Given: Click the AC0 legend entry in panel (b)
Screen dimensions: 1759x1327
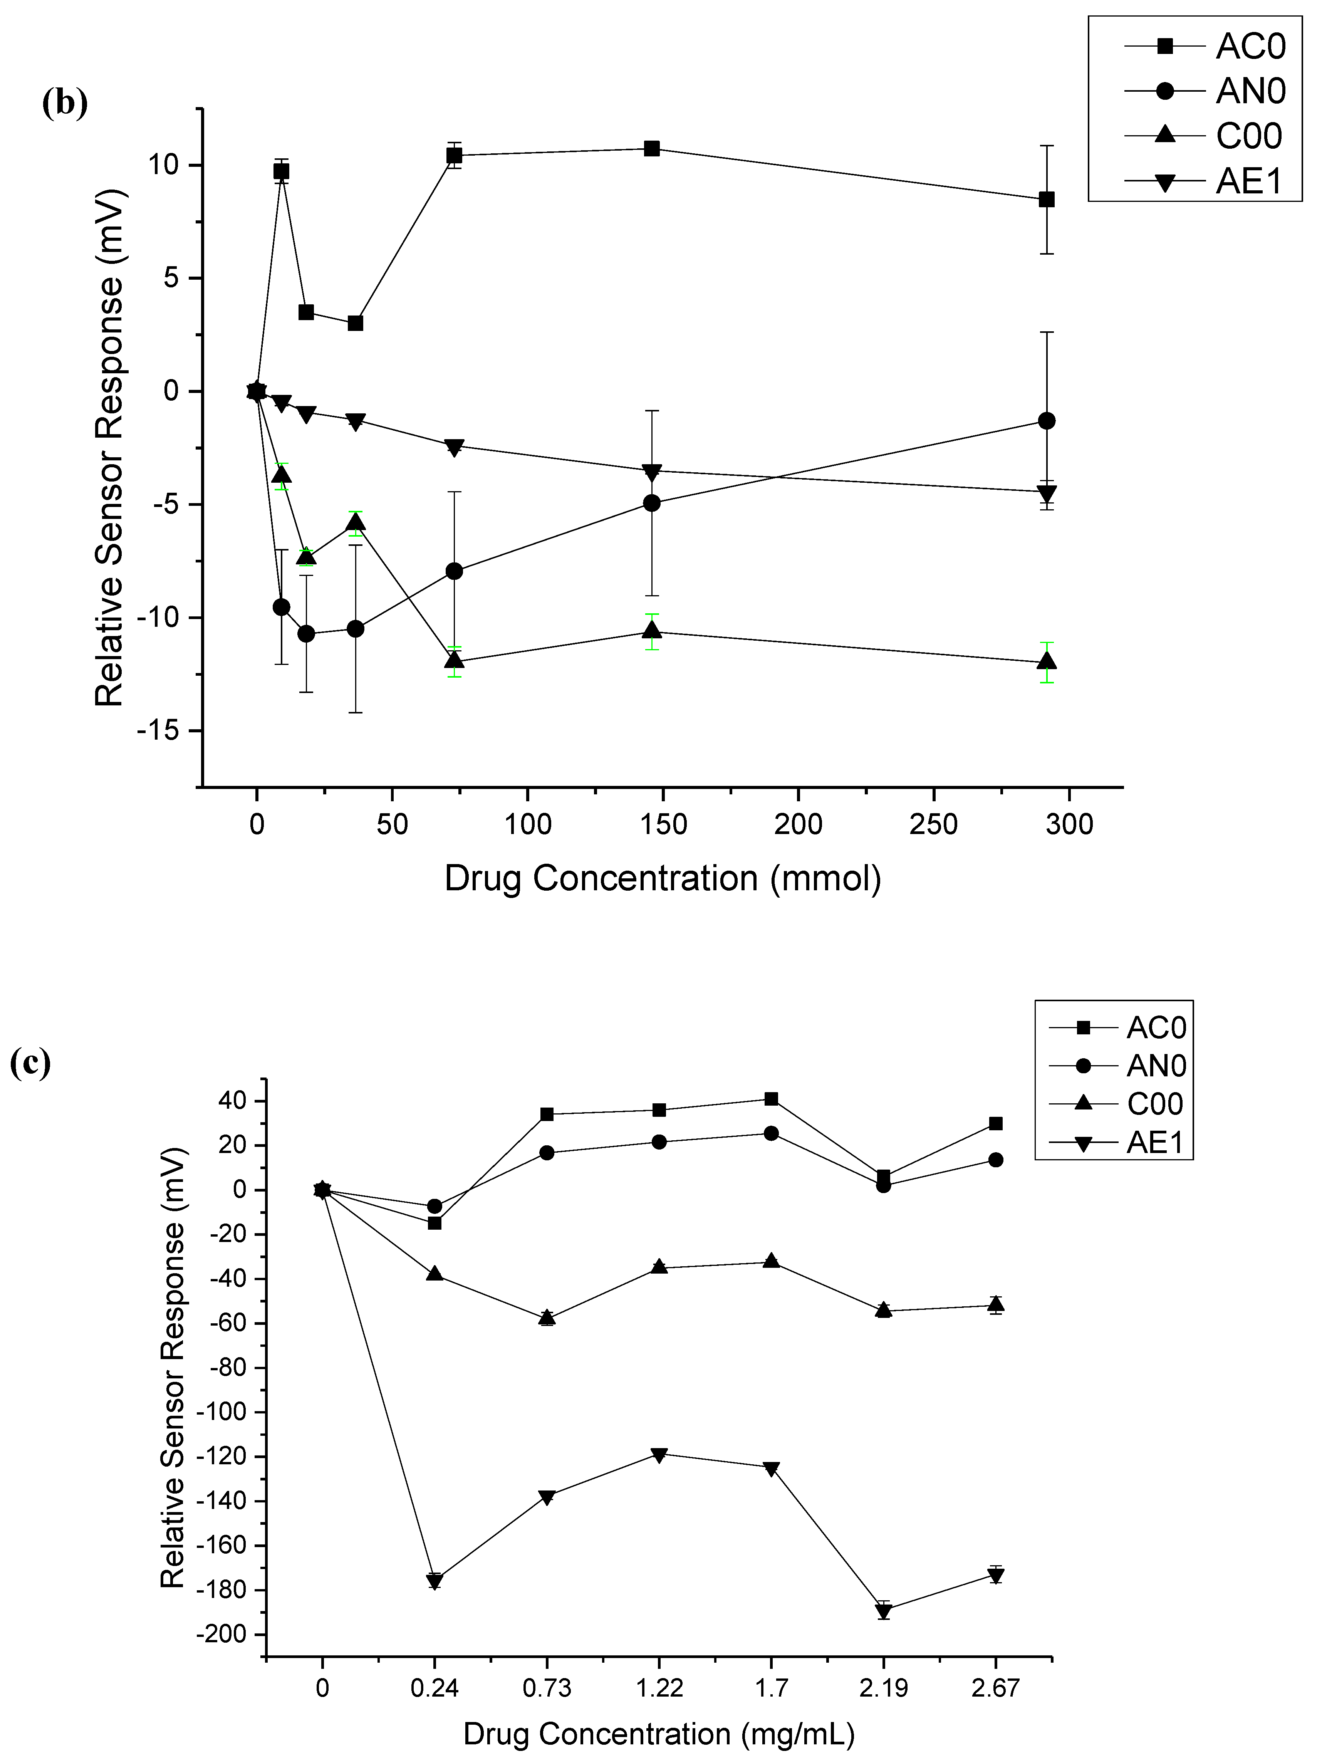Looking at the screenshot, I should (x=1250, y=47).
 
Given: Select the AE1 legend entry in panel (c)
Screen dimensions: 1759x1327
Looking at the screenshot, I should (x=1155, y=1143).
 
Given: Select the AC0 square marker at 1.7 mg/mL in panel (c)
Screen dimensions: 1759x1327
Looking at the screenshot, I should (x=770, y=1099).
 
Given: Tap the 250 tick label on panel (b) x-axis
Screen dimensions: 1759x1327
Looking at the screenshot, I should (x=933, y=825).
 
